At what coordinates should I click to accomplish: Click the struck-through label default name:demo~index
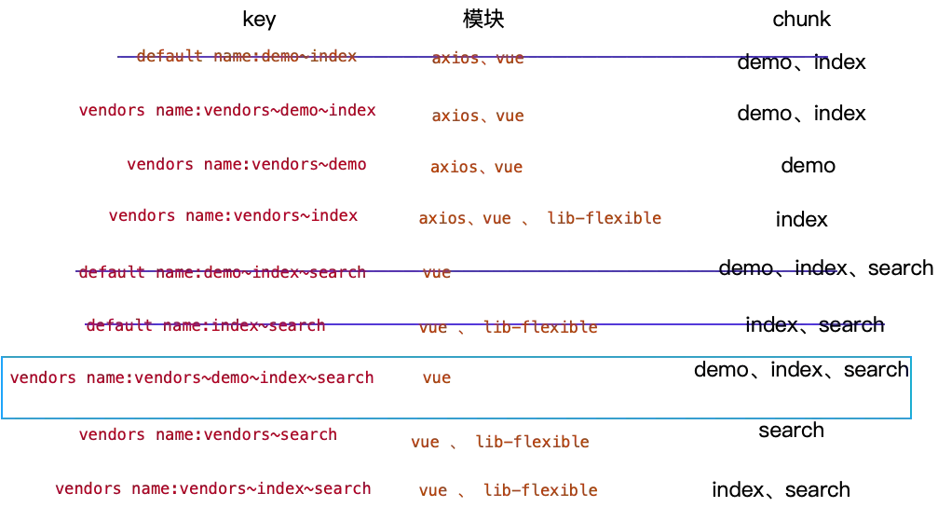[246, 57]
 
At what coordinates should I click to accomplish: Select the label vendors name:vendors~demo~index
[227, 111]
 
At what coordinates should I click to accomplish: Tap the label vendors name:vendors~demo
[248, 164]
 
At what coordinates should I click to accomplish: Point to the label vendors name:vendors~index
[232, 215]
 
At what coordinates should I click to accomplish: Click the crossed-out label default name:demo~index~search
[221, 273]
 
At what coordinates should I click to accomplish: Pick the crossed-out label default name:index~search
[205, 326]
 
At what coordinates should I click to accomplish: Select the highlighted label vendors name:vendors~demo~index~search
[192, 377]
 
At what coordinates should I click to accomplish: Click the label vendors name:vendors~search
[208, 434]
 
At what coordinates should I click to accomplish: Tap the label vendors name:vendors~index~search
[212, 489]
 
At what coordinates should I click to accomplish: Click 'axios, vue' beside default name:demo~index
[479, 60]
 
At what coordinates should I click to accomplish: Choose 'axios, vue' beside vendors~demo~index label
[479, 118]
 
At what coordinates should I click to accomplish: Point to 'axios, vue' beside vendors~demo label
[477, 169]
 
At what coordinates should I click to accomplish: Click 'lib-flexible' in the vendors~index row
[604, 219]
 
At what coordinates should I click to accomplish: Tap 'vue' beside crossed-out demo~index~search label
[438, 274]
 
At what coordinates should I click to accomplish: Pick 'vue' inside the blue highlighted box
[438, 379]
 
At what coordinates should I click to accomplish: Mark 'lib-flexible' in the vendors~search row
[531, 443]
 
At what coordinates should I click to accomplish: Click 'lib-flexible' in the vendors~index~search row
[540, 490]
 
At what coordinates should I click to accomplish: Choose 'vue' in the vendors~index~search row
[431, 491]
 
